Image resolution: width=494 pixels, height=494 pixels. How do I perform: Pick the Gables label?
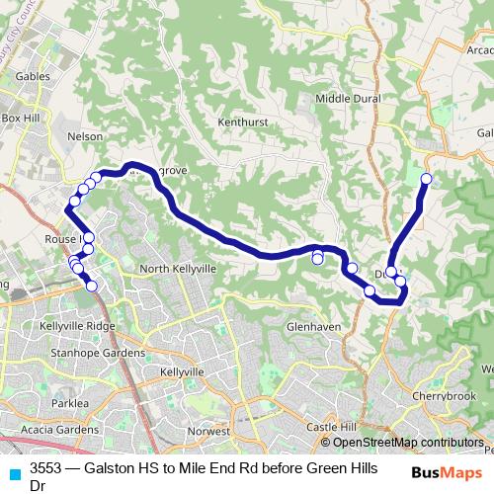click(33, 75)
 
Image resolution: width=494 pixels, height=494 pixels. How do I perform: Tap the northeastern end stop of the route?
click(427, 179)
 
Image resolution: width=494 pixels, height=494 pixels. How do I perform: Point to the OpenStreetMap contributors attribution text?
click(408, 443)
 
